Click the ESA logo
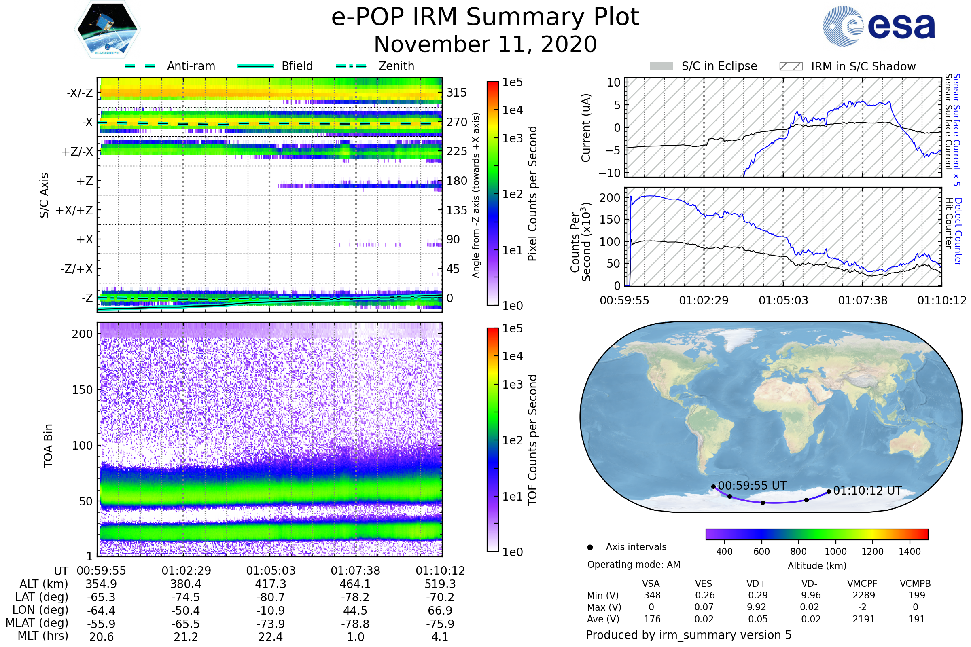[x=879, y=26]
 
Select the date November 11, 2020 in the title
[x=485, y=44]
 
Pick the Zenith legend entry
[x=375, y=66]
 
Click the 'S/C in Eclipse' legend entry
[x=704, y=66]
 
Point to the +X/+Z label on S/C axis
[x=74, y=210]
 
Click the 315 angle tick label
[x=457, y=93]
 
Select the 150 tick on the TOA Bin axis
[x=82, y=390]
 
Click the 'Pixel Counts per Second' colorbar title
[x=532, y=194]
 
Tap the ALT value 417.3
[x=271, y=584]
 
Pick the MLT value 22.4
[x=270, y=636]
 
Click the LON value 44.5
[x=356, y=610]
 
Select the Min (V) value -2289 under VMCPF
[x=862, y=595]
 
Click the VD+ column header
[x=756, y=584]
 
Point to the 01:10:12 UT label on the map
[x=867, y=491]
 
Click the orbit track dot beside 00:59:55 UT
[x=713, y=487]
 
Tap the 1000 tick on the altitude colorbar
[x=835, y=552]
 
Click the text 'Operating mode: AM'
[x=634, y=565]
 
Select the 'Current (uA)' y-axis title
[x=586, y=128]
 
